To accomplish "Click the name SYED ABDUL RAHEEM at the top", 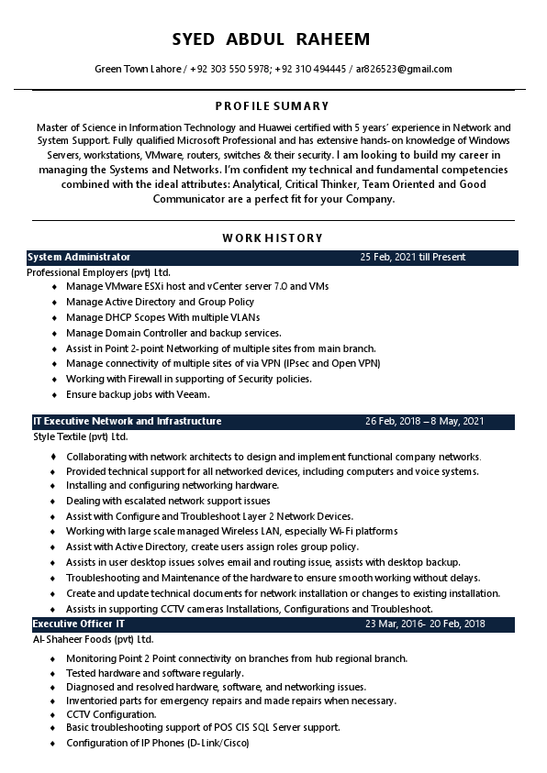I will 271,39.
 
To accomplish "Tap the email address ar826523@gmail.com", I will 404,70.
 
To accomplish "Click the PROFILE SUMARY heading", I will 272,106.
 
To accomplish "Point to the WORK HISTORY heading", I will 273,238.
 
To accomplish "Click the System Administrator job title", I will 79,258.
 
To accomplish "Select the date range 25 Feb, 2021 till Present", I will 412,258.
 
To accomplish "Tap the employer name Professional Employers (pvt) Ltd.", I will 98,272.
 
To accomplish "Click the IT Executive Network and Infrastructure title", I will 128,422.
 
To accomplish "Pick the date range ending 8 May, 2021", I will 424,422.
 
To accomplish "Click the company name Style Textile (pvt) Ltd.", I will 81,436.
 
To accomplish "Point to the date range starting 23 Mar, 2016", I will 425,624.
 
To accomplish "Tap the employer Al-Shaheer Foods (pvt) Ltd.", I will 93,639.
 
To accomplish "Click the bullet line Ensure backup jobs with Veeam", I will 138,394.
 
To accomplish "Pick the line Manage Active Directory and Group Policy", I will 160,302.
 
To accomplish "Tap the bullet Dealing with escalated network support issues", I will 168,501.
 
